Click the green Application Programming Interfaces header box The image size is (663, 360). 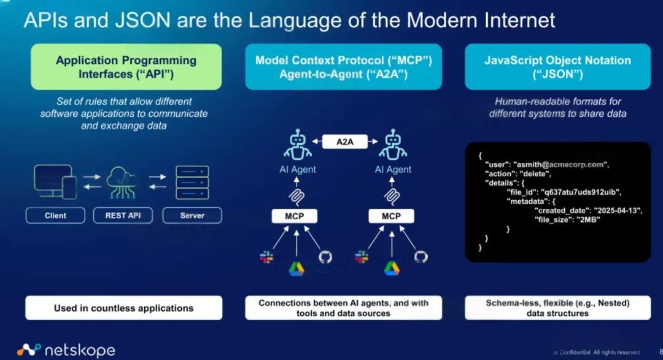126,67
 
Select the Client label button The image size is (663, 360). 55,216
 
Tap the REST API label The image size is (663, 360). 123,216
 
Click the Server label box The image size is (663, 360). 192,216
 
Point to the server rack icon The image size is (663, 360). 192,182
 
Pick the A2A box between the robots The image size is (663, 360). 344,142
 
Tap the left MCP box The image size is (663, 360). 297,216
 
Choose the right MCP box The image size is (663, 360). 391,216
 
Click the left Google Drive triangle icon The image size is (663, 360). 297,268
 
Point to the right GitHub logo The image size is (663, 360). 420,257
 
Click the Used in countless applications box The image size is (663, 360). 123,308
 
